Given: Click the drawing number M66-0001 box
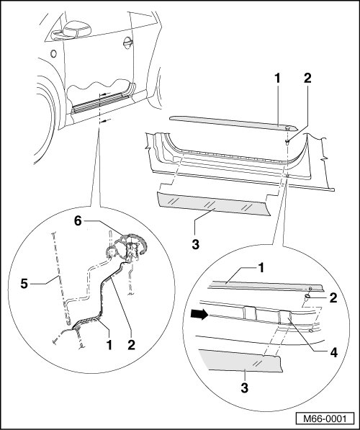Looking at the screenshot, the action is pos(325,418).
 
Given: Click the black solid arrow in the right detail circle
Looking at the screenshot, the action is pos(198,315).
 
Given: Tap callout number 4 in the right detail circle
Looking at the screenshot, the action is pos(333,353).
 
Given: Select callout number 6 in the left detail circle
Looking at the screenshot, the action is pos(78,220).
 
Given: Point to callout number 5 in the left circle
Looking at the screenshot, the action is pos(24,284).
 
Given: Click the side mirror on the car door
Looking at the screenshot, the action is pos(72,30).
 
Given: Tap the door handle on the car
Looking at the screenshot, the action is pos(128,42).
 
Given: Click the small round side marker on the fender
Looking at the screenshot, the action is pos(53,53).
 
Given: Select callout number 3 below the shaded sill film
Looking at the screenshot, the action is pos(196,244).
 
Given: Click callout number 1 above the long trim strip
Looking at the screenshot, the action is pos(277,79).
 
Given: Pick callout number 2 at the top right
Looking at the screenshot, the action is pos(307,79).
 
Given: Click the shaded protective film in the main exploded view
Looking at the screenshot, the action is pos(213,204).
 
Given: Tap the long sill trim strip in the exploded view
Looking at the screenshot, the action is pos(233,122).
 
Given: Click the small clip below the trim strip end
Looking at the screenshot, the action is pos(287,142).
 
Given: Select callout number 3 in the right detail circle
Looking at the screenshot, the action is pos(244,388).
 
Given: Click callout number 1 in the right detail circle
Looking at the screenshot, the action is pos(261,268).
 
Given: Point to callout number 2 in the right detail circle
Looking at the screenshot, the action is pos(333,298).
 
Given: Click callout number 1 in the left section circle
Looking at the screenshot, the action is pos(109,345).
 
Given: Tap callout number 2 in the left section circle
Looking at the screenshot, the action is pos(131,345).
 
